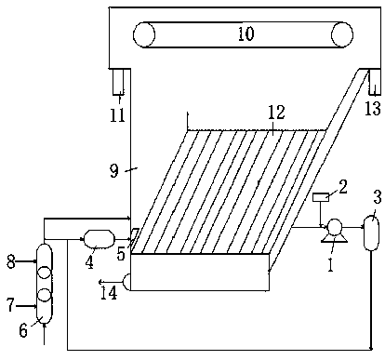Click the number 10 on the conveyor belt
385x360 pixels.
pos(246,33)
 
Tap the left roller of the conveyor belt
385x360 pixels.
pos(144,34)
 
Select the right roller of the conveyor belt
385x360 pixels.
pos(342,34)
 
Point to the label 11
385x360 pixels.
pos(117,115)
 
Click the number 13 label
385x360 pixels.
pos(373,109)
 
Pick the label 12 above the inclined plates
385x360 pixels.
pos(276,113)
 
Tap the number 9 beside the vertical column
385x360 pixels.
pos(114,171)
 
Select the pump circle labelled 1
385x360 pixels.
pos(334,226)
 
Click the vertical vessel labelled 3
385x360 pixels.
pos(371,233)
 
